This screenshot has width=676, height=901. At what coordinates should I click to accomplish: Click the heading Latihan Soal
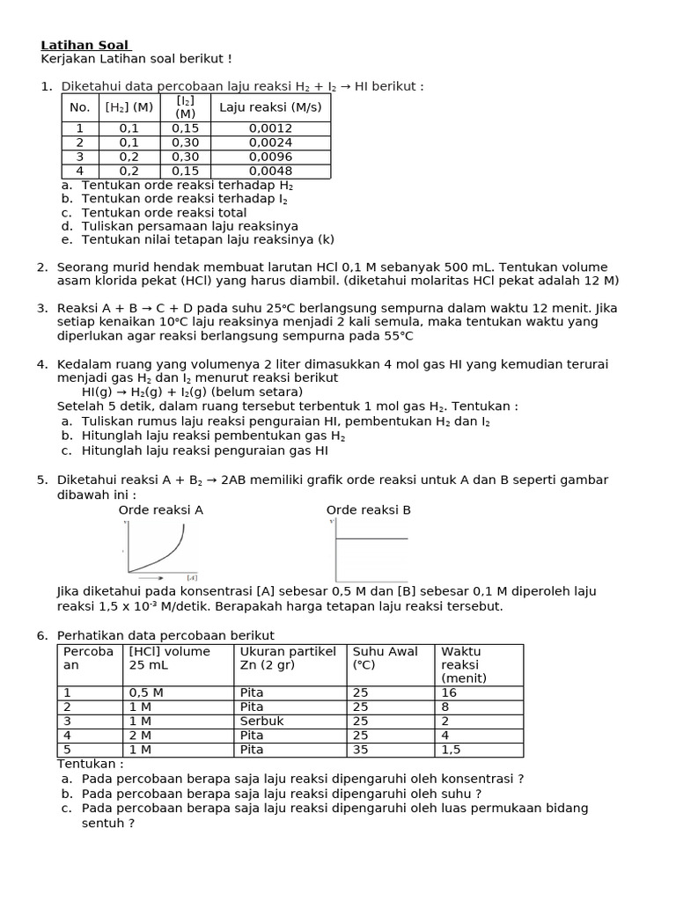(x=84, y=45)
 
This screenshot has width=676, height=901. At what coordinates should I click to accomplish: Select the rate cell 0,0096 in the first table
(x=270, y=157)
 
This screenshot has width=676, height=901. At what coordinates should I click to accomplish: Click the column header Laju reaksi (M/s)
(x=270, y=107)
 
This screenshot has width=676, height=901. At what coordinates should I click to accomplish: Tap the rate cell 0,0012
(x=270, y=128)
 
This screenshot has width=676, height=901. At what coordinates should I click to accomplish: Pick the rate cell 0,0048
(x=270, y=171)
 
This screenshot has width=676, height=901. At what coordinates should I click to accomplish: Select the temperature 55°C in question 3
(x=394, y=336)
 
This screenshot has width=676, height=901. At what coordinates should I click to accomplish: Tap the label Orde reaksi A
(x=161, y=509)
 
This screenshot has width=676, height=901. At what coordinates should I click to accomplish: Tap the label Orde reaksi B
(x=369, y=509)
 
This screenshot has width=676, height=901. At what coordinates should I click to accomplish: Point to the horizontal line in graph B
(x=371, y=538)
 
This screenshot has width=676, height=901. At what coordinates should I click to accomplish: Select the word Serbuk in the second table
(x=258, y=721)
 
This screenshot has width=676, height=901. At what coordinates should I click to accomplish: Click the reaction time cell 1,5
(x=451, y=750)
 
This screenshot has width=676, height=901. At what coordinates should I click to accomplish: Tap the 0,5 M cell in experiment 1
(x=146, y=692)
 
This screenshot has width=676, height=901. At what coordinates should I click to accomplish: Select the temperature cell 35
(x=360, y=750)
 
